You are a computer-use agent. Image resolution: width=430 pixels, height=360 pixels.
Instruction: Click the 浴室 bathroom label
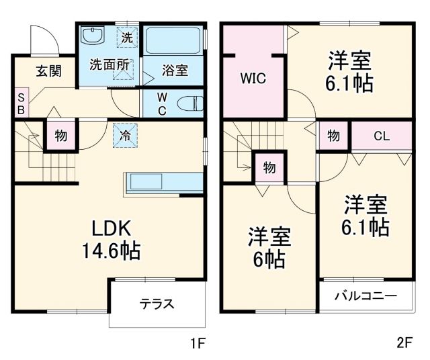point(174,70)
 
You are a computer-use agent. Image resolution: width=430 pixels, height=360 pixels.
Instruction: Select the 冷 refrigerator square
point(126,134)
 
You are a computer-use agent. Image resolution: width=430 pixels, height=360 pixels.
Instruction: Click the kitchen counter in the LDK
point(163,182)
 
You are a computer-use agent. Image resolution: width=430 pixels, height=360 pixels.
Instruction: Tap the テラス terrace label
point(157,304)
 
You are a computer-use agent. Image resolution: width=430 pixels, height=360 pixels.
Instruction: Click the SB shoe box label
point(20,103)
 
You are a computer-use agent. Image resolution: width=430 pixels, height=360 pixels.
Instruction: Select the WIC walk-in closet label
point(253,78)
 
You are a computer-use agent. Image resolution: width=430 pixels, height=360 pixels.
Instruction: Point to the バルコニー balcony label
point(365,296)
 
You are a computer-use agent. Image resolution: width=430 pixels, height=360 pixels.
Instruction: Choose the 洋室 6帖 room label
point(269,246)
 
